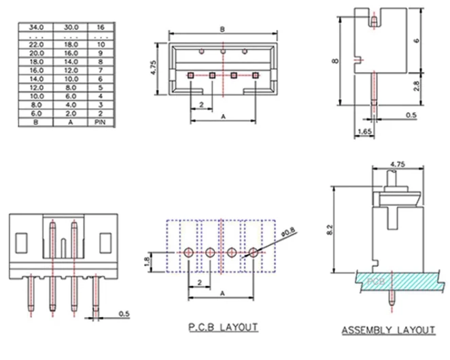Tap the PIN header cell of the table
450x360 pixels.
[101, 122]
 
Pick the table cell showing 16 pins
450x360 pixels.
[101, 27]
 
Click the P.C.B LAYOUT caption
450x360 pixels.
[222, 327]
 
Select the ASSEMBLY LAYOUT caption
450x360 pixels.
[387, 331]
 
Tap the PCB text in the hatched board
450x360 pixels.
[375, 279]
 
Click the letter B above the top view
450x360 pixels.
[222, 29]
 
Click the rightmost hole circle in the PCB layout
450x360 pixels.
[253, 253]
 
